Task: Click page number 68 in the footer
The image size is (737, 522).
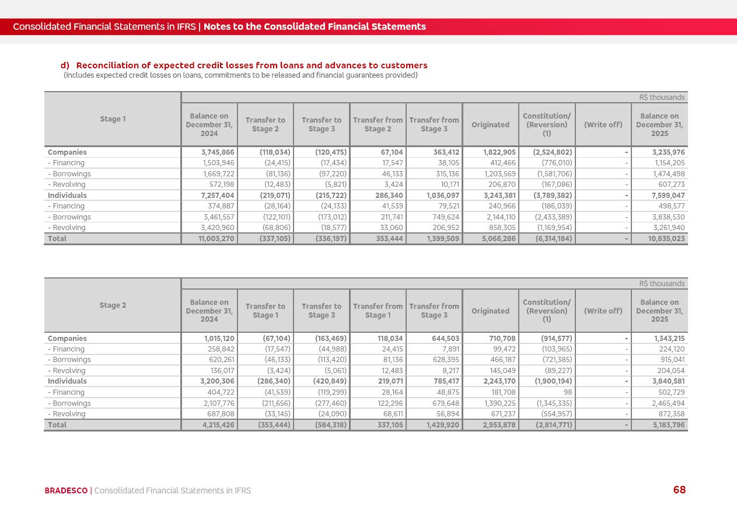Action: [x=679, y=490]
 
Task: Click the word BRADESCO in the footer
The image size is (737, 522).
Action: [x=66, y=490]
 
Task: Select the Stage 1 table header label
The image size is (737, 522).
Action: [x=113, y=119]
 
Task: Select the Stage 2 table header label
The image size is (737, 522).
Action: [x=113, y=305]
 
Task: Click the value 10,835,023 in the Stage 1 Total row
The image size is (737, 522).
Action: [x=666, y=239]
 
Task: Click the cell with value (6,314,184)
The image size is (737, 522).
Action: [x=554, y=239]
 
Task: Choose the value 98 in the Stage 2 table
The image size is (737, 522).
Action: [x=567, y=392]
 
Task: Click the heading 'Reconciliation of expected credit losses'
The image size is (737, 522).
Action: [x=252, y=65]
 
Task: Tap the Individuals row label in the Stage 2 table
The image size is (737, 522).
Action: [x=67, y=381]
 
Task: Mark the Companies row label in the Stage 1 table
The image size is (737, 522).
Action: [x=67, y=152]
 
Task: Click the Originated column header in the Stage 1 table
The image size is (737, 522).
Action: [x=490, y=124]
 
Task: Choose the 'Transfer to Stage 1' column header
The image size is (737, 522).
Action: [x=265, y=311]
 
